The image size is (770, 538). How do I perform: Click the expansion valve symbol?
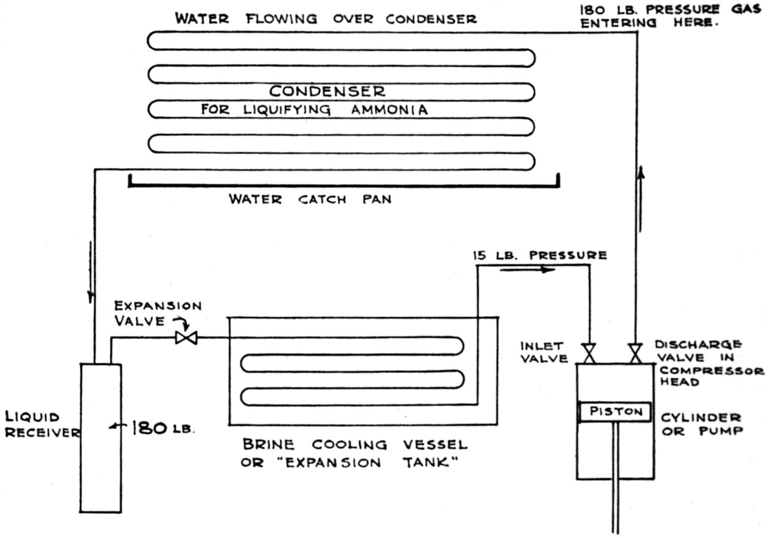coord(186,338)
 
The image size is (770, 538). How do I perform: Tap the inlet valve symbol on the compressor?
coord(589,353)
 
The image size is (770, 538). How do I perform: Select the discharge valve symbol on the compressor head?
coord(636,353)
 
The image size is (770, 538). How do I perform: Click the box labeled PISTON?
coord(615,412)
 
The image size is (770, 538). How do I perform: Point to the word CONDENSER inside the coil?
coord(327,91)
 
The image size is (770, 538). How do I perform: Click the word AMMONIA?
coord(389,110)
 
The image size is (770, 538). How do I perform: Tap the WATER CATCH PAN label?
coord(310,199)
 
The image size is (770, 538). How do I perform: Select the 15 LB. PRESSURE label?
coord(540,255)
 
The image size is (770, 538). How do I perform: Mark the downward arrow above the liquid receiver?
coord(91,272)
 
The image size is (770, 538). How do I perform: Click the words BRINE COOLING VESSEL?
coord(355,444)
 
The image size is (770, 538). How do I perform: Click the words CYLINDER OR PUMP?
coord(701,425)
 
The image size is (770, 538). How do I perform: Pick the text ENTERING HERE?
coord(648,23)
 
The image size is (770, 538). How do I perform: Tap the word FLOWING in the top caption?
coord(281,19)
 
